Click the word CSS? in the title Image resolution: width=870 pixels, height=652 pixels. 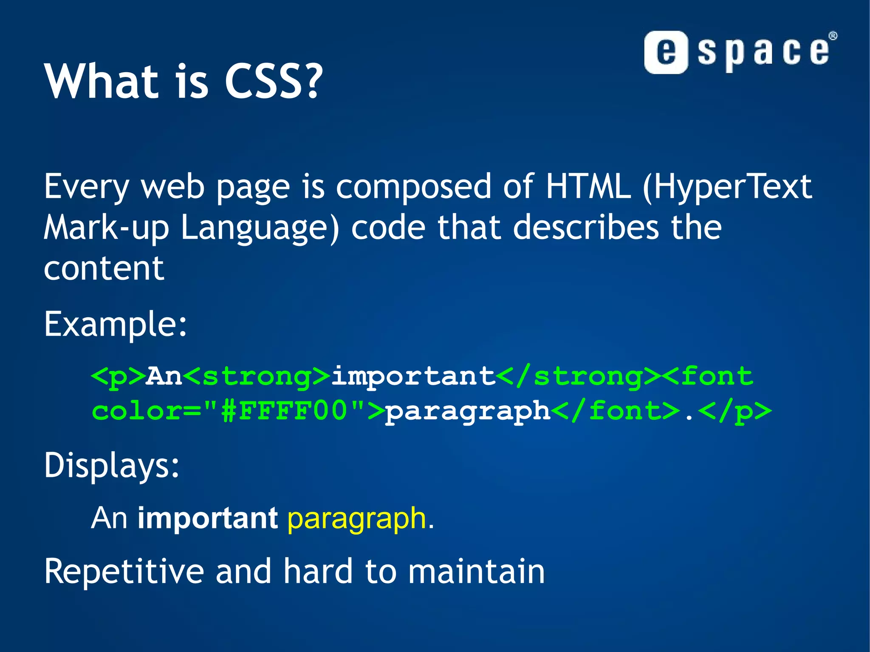[273, 82]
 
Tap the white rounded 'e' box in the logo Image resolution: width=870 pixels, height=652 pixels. [666, 52]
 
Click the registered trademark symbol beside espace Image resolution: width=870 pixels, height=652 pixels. [833, 36]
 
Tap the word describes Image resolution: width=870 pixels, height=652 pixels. [586, 228]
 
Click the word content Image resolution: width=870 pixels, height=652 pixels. [104, 268]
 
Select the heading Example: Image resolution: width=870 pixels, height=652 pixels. [115, 324]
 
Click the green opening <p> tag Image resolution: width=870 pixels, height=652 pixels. [118, 376]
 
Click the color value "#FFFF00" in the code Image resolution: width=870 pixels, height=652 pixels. [284, 411]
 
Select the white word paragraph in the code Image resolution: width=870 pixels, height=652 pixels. [468, 411]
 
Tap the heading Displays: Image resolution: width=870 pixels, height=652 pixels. [112, 465]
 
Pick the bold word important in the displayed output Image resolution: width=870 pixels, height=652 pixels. [208, 519]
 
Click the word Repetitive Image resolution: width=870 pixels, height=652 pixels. [124, 572]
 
